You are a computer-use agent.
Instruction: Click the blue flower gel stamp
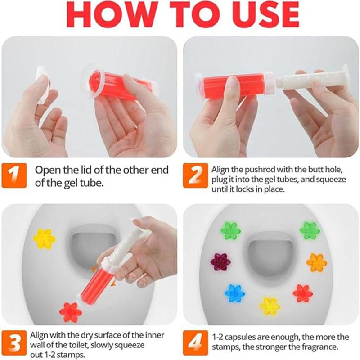234,293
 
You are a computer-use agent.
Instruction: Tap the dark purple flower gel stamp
220,261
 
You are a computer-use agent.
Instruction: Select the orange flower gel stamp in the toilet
316,261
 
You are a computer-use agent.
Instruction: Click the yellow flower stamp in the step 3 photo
44,238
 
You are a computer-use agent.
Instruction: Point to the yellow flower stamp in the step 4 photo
270,306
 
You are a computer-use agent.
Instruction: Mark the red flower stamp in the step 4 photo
302,293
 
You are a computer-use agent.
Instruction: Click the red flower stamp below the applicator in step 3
71,312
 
